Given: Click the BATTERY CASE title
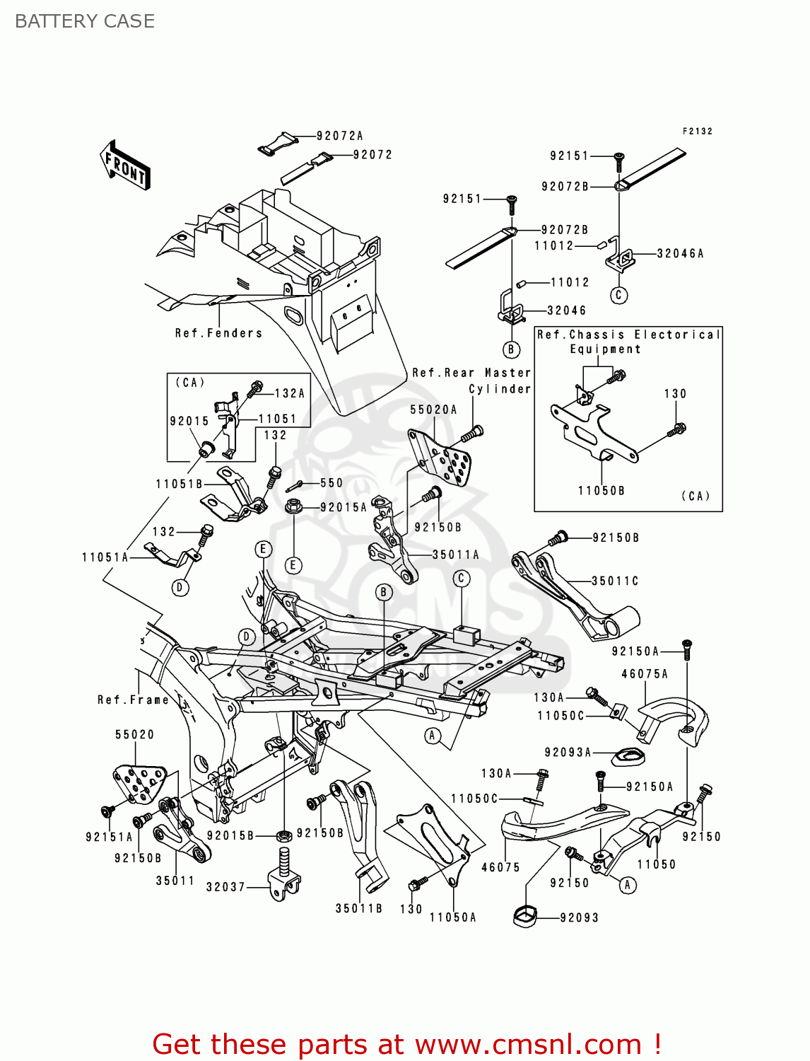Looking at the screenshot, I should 85,21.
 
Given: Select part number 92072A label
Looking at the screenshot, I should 339,136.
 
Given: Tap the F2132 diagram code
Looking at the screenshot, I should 697,132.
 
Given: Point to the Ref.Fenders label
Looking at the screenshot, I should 218,333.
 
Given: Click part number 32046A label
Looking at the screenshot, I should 680,253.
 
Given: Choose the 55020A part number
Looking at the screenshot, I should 433,410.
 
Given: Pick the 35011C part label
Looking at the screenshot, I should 615,581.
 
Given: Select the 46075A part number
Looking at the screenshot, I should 645,674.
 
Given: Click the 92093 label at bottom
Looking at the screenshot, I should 579,917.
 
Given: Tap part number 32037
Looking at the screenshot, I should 225,886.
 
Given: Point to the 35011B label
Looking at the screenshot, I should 358,908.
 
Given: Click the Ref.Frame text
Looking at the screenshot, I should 133,700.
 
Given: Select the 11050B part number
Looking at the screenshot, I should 601,490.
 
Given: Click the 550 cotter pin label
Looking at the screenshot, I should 331,483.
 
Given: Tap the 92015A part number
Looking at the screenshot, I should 344,507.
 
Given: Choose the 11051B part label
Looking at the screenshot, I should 179,484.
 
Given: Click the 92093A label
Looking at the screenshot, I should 568,753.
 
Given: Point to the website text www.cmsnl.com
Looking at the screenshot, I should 528,1044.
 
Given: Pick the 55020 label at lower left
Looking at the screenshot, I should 134,734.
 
